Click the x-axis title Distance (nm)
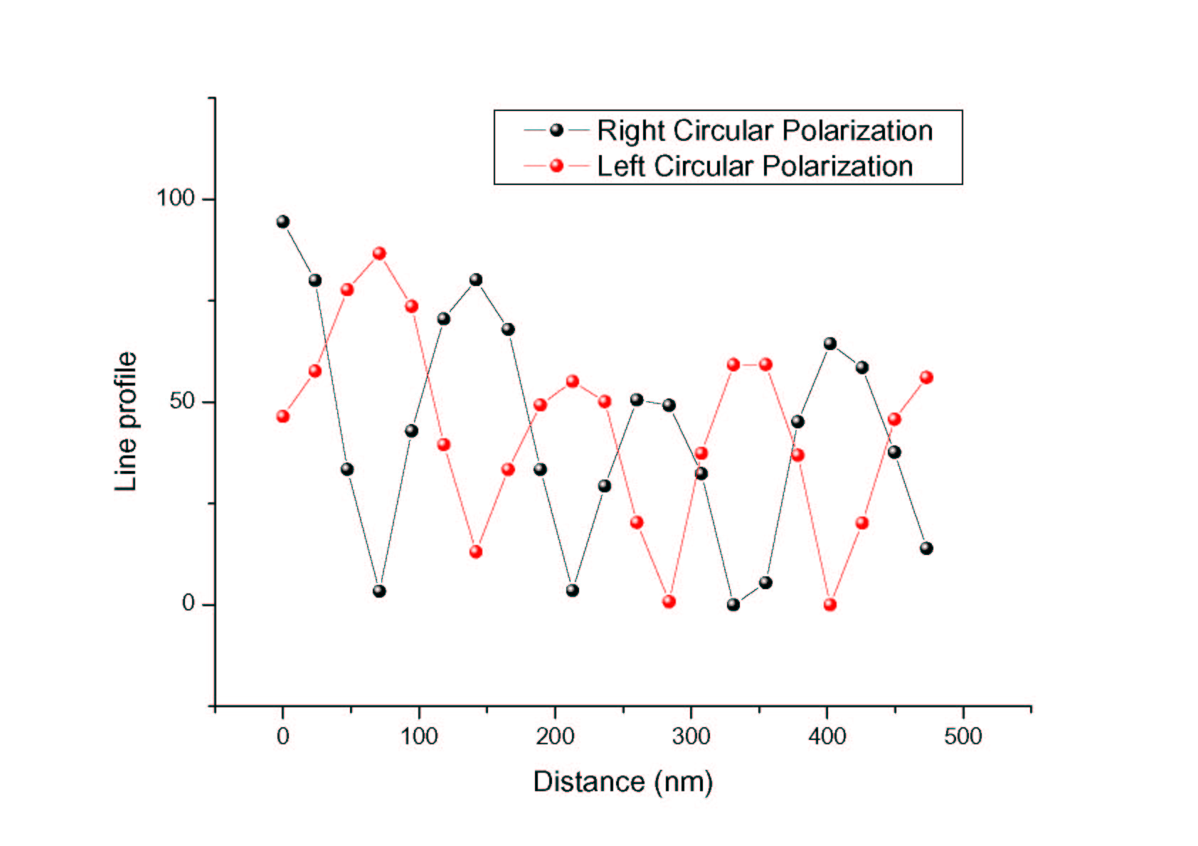coord(622,781)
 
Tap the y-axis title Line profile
coord(126,421)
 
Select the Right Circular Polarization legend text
coord(764,131)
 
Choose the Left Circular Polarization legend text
coord(754,166)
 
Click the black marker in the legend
coord(556,130)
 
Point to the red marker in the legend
coord(556,166)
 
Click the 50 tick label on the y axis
coord(182,401)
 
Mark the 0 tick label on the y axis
coord(188,603)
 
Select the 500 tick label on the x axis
coord(963,736)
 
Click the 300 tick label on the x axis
coord(691,736)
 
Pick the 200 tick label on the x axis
coord(555,736)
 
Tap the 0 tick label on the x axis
coord(282,736)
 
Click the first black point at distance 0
coord(282,221)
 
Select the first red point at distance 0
coord(282,416)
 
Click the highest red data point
coord(379,253)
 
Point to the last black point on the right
coord(926,548)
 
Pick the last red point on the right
coord(926,377)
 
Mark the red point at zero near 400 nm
coord(829,605)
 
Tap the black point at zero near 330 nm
coord(733,605)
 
